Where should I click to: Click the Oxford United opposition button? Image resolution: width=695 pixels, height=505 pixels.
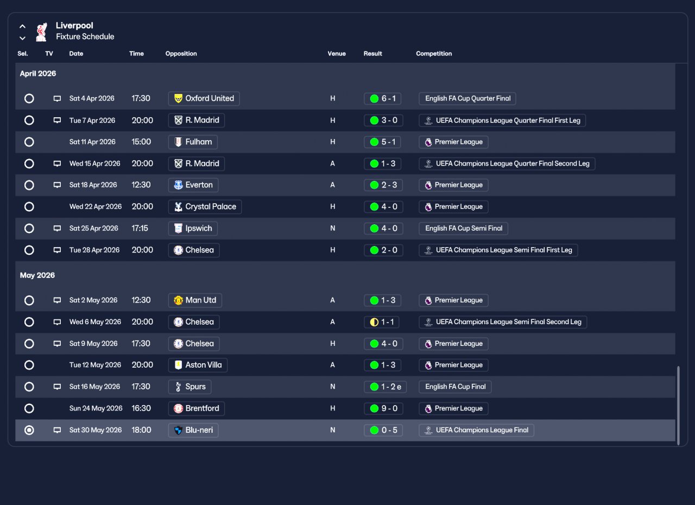[x=204, y=99]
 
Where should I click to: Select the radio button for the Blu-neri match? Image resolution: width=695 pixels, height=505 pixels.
[x=29, y=430]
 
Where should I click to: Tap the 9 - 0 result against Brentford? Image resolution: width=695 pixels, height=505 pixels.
[x=383, y=408]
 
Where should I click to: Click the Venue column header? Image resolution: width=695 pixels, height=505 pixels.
[x=337, y=54]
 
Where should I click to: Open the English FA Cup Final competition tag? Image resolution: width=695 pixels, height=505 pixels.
[x=455, y=387]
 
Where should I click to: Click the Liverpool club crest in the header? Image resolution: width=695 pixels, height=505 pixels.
[x=41, y=31]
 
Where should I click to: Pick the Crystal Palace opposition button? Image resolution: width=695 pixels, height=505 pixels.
[x=205, y=207]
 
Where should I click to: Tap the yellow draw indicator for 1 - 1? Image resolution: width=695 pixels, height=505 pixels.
[x=374, y=323]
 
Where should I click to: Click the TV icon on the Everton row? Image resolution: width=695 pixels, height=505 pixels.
[x=57, y=185]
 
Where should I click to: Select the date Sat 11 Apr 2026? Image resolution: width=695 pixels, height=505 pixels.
[x=92, y=142]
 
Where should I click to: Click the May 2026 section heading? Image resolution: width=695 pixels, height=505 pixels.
[x=37, y=275]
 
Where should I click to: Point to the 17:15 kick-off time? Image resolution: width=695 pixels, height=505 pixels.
[x=140, y=228]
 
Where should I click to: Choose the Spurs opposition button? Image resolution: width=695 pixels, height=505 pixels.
[x=189, y=387]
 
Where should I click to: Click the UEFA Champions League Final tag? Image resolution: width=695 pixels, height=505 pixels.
[x=476, y=430]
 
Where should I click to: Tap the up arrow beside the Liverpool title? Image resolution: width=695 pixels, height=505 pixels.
[x=22, y=27]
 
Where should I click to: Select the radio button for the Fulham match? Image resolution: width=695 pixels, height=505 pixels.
[x=29, y=142]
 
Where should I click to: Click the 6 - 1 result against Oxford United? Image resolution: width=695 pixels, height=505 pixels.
[x=383, y=99]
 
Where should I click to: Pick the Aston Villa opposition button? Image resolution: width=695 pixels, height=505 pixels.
[x=198, y=365]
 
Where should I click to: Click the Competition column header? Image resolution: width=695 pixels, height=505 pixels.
[x=434, y=54]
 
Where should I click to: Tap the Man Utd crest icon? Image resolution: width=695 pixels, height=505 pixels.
[x=179, y=300]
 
